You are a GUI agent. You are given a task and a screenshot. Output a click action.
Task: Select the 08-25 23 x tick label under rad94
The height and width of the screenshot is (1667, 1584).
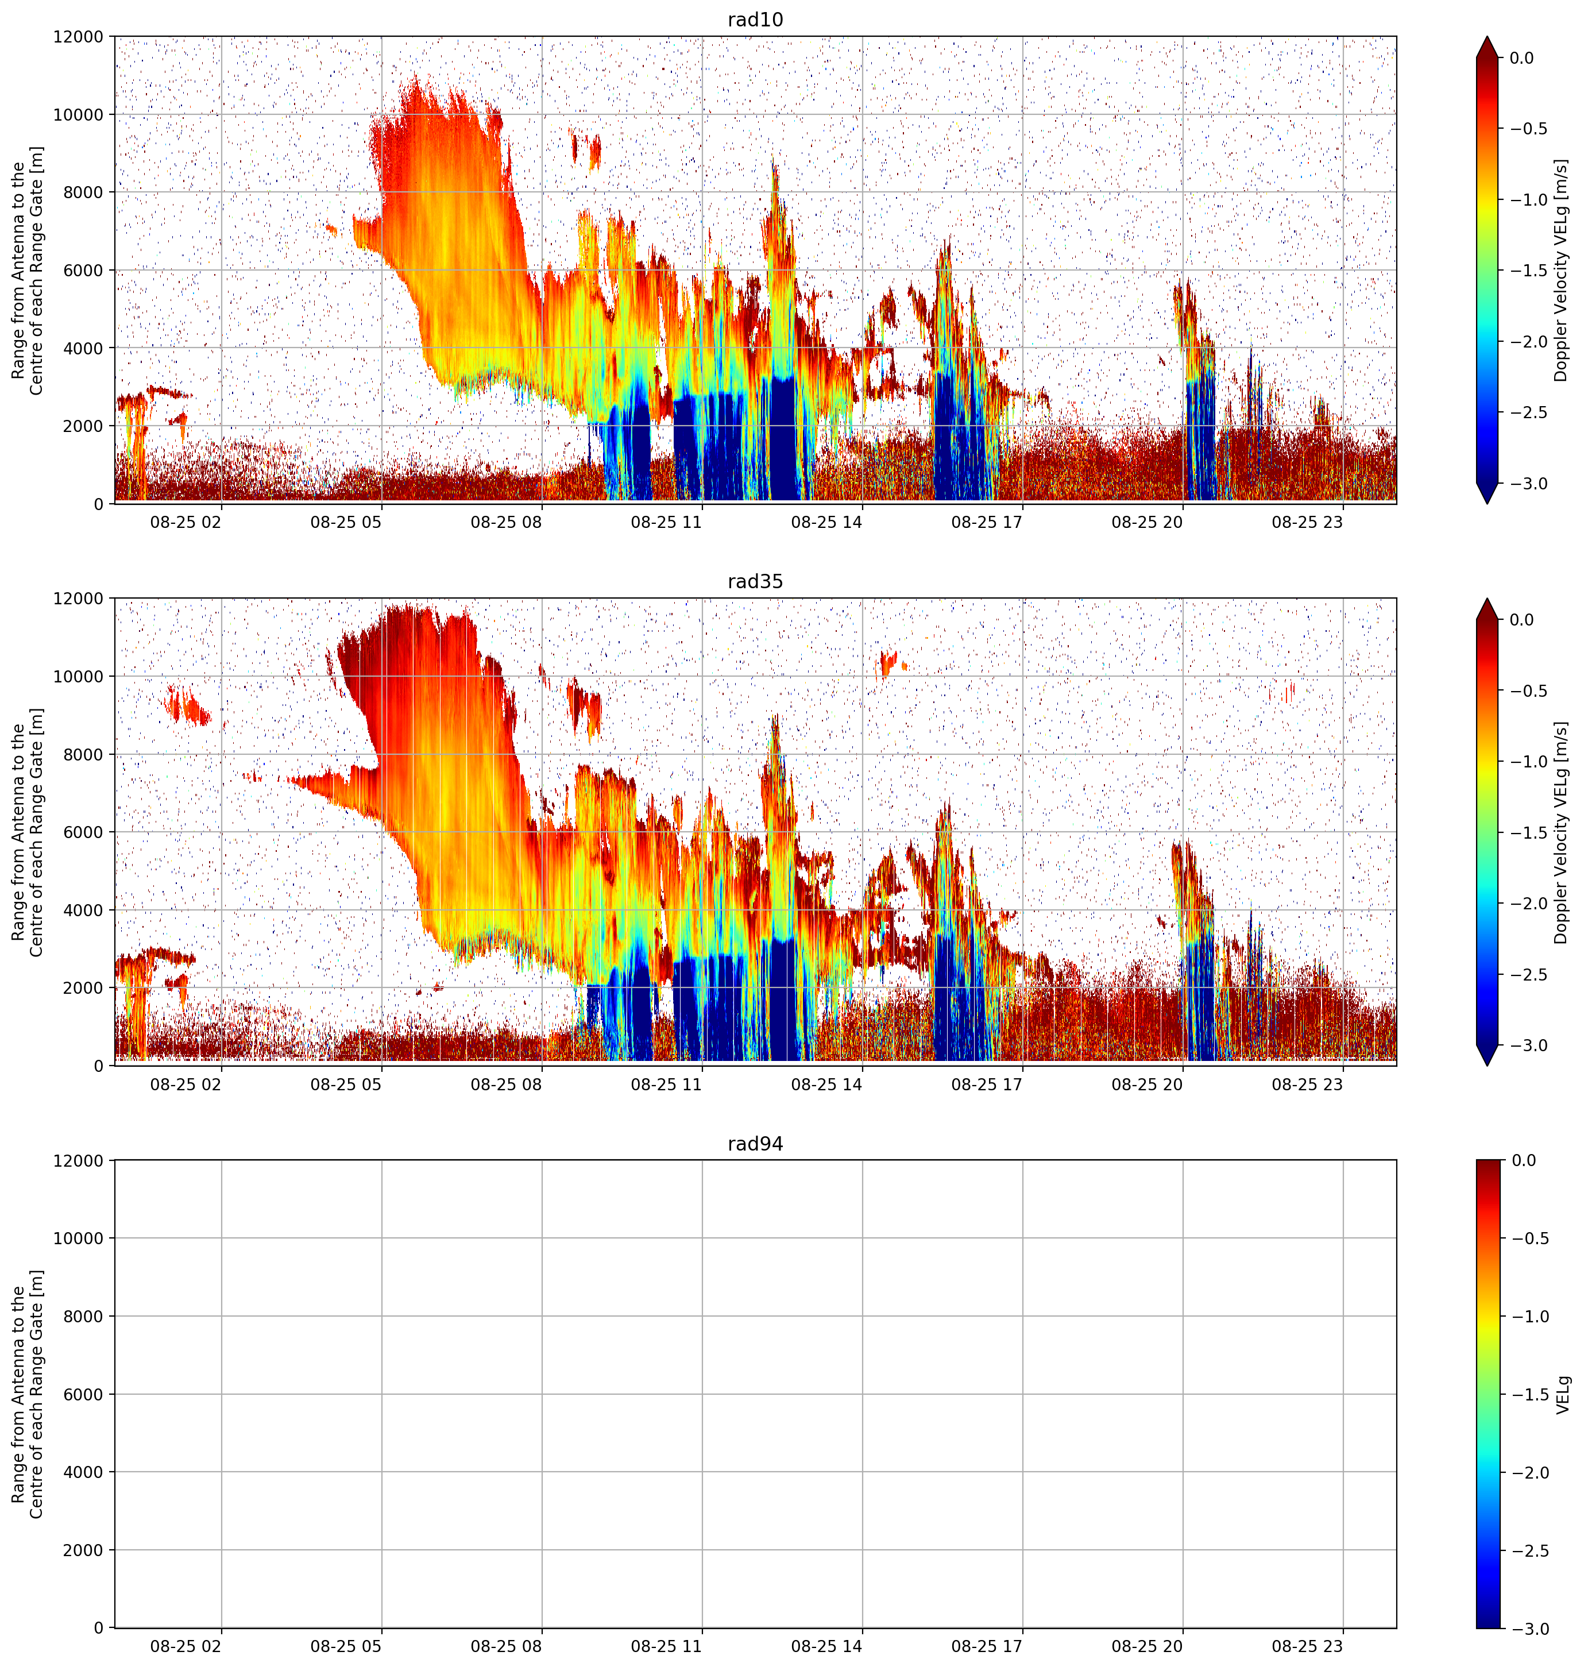[x=1307, y=1646]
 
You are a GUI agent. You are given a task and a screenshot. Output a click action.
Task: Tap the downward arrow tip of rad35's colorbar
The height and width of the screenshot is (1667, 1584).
[x=1487, y=1066]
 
